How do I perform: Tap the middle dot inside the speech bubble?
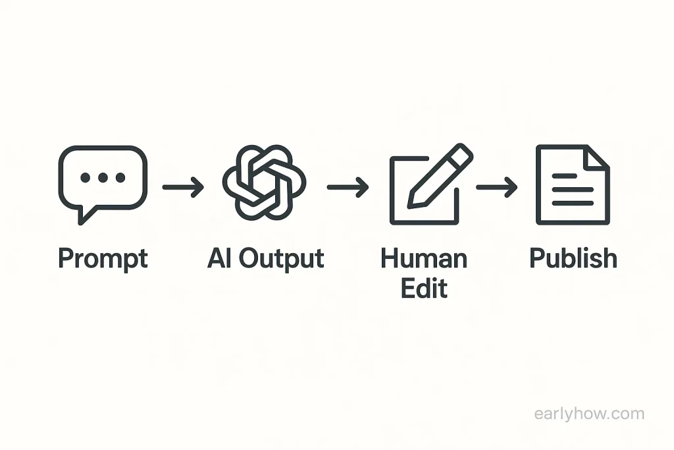pyautogui.click(x=103, y=177)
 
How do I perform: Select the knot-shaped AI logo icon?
pyautogui.click(x=264, y=183)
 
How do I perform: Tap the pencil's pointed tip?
pyautogui.click(x=410, y=206)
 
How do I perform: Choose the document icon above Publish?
pyautogui.click(x=573, y=184)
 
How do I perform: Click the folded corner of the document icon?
pyautogui.click(x=597, y=157)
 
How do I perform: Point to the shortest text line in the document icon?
pyautogui.click(x=564, y=175)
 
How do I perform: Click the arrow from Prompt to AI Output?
pyautogui.click(x=183, y=187)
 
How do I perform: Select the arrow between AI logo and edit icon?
pyautogui.click(x=348, y=187)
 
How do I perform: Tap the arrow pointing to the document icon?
pyautogui.click(x=497, y=187)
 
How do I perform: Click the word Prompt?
pyautogui.click(x=103, y=259)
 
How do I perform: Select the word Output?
pyautogui.click(x=281, y=259)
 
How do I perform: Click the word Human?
pyautogui.click(x=424, y=258)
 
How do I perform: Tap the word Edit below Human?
pyautogui.click(x=425, y=288)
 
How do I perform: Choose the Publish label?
pyautogui.click(x=573, y=258)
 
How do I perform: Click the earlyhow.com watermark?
pyautogui.click(x=589, y=414)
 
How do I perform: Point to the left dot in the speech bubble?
pyautogui.click(x=85, y=177)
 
